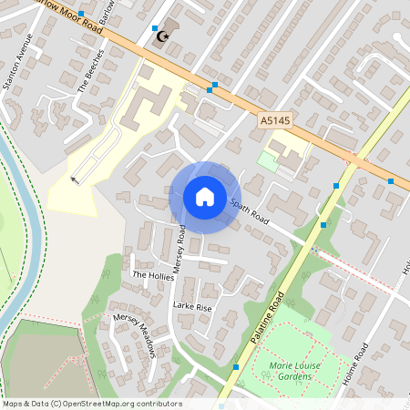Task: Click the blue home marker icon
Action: [204, 197]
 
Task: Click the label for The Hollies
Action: [152, 274]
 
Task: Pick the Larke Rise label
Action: [191, 308]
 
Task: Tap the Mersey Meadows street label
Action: [136, 336]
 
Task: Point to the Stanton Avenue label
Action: [22, 64]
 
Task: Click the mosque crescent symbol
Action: [165, 36]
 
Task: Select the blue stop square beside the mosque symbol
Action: [155, 28]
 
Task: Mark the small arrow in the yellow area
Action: [75, 179]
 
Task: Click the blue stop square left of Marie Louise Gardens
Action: [236, 366]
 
